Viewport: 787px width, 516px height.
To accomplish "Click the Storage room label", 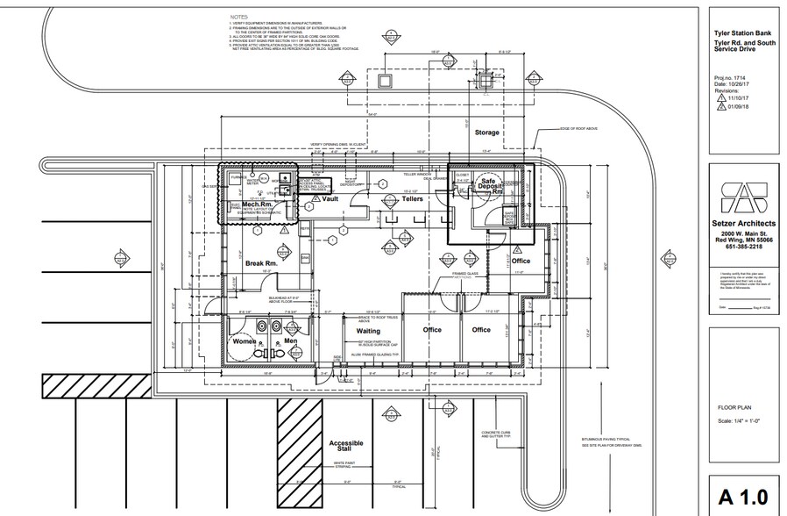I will tap(486, 133).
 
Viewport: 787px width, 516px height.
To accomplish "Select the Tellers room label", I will tap(412, 199).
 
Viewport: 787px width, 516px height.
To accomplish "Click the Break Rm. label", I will tap(261, 262).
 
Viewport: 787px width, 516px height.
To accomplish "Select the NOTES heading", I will tap(238, 17).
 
